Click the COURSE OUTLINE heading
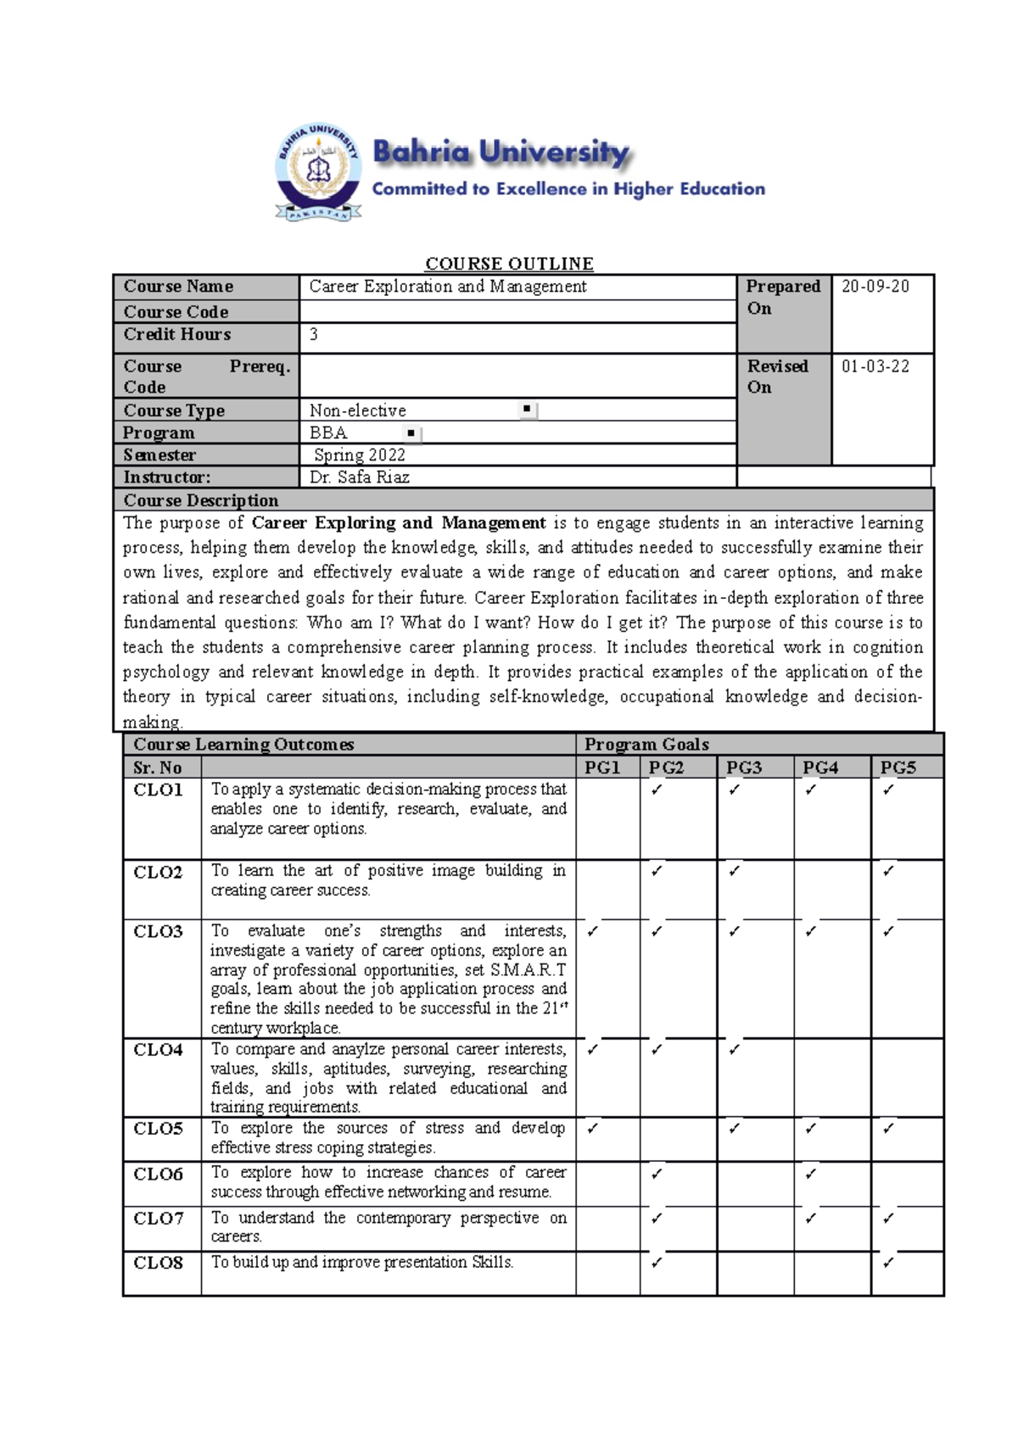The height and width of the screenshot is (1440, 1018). tap(509, 264)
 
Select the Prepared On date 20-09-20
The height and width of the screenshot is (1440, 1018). tap(875, 287)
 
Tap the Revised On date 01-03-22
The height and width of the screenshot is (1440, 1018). tap(875, 366)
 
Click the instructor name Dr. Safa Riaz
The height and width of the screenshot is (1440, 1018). tap(359, 477)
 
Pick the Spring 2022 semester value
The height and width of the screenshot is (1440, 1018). tap(360, 455)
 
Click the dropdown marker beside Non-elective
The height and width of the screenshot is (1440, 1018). tap(527, 410)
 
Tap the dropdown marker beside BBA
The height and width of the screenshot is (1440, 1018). tap(411, 433)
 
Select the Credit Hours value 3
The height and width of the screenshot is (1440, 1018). tap(314, 335)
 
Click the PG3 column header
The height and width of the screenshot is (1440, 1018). tap(744, 767)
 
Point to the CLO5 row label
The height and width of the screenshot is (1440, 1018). tap(159, 1129)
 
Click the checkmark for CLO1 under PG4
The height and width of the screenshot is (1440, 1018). tap(811, 790)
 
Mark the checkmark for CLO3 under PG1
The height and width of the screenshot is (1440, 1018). tap(592, 931)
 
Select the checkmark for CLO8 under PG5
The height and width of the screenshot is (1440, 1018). tap(888, 1263)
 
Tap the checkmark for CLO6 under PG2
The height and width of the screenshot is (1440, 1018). tap(657, 1175)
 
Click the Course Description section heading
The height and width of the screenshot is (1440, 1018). tap(201, 500)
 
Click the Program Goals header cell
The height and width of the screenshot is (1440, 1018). tap(646, 745)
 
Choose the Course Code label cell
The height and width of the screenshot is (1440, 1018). tap(176, 312)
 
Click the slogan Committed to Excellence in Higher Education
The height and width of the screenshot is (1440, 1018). tap(568, 189)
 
